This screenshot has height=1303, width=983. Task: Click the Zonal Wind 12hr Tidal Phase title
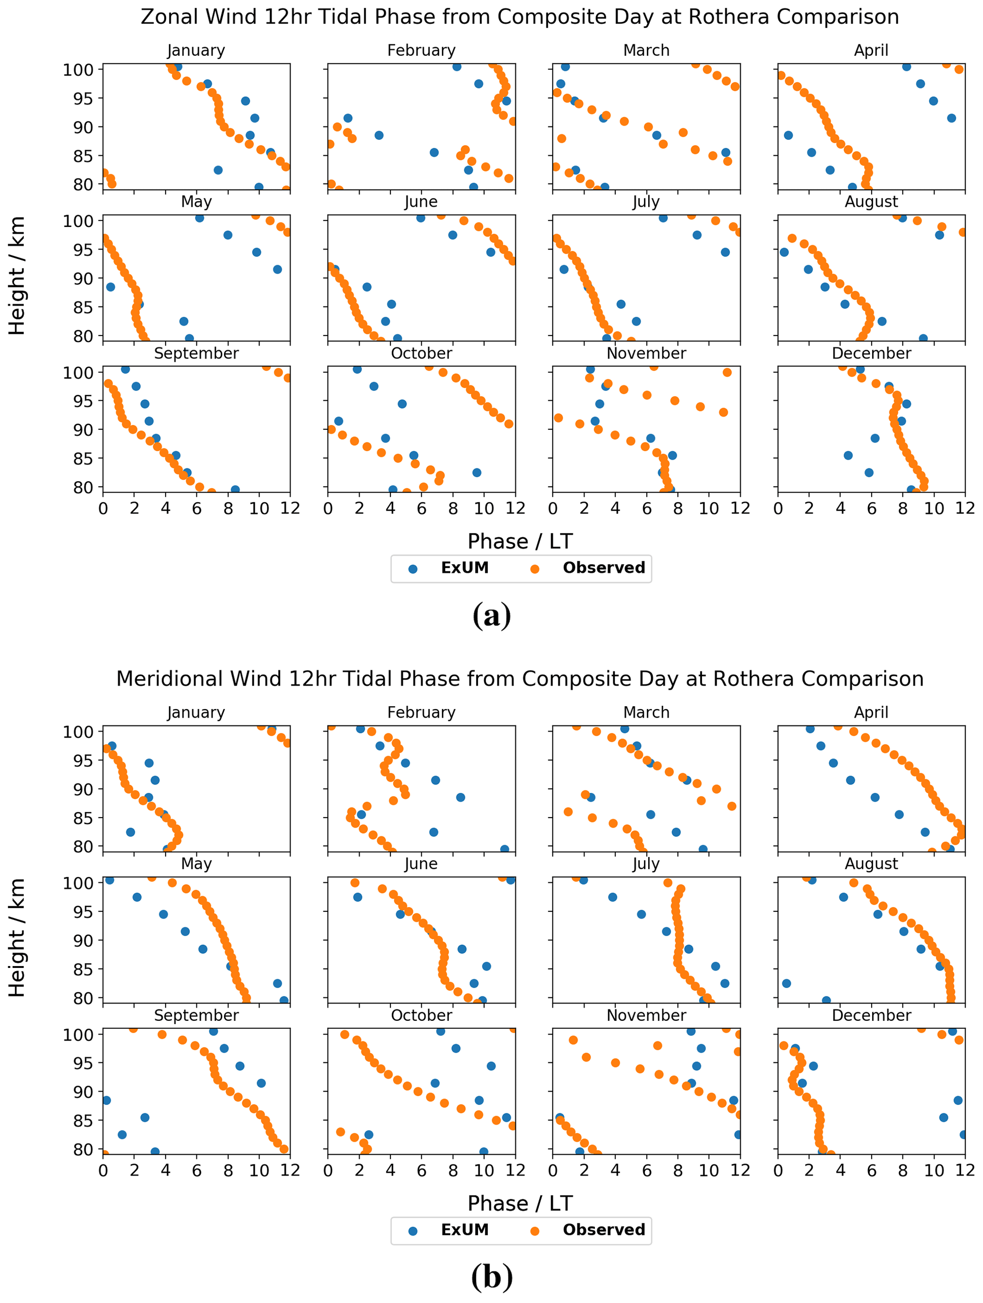[x=520, y=17]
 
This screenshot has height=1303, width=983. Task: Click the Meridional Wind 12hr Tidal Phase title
[x=520, y=679]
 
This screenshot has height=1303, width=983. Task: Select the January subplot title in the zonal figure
[x=196, y=50]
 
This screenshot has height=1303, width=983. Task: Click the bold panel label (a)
[x=492, y=615]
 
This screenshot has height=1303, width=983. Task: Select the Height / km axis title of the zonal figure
[x=17, y=276]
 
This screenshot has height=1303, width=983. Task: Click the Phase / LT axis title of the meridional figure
[x=520, y=1203]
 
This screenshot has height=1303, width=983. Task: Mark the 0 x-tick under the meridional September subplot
[x=104, y=1170]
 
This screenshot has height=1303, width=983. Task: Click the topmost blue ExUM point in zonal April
[x=906, y=67]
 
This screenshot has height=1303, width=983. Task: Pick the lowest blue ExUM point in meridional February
[x=505, y=849]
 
